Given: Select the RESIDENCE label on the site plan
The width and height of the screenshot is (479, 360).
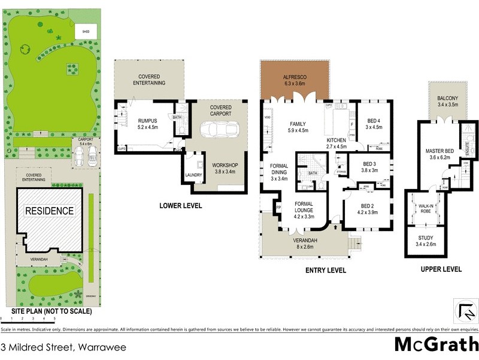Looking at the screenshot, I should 49,211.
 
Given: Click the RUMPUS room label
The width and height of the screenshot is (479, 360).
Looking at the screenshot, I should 147,124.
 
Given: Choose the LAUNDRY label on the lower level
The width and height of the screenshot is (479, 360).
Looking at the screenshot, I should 194,175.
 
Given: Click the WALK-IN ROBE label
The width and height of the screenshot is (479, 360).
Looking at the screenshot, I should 426,207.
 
